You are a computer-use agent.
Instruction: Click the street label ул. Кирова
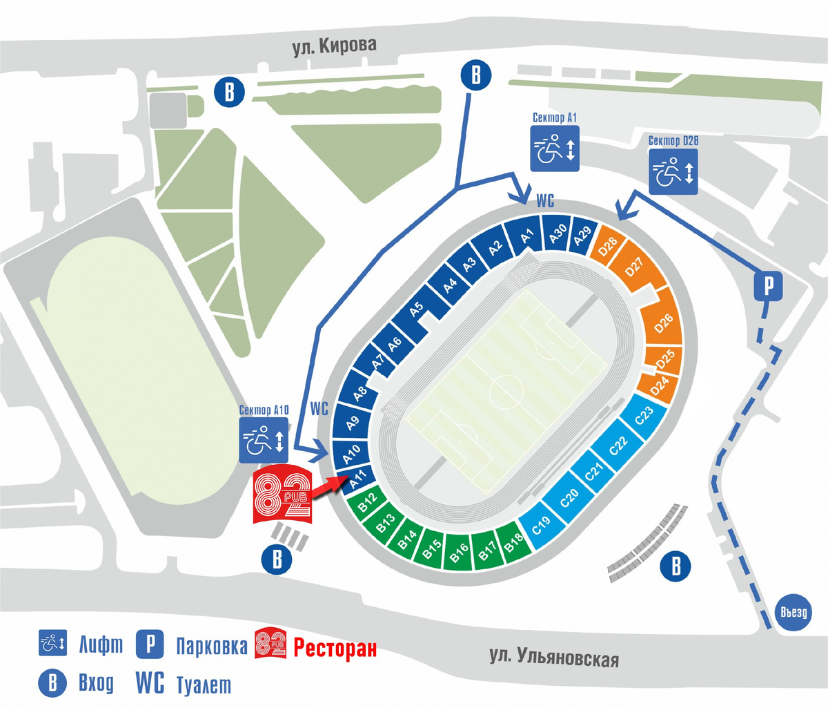click(x=335, y=47)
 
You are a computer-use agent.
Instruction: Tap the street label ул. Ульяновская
click(x=554, y=657)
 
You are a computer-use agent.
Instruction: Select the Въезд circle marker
click(x=793, y=612)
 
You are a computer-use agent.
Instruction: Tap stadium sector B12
click(x=367, y=500)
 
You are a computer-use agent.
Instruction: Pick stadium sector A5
click(x=416, y=309)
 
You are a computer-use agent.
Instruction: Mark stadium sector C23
click(x=644, y=415)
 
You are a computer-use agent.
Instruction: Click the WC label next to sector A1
click(x=545, y=201)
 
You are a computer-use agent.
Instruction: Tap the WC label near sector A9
click(x=319, y=408)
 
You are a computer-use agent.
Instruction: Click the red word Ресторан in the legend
click(x=335, y=647)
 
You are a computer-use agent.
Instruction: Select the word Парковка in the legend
click(x=211, y=647)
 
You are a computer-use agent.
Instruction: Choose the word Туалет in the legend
click(x=204, y=685)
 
